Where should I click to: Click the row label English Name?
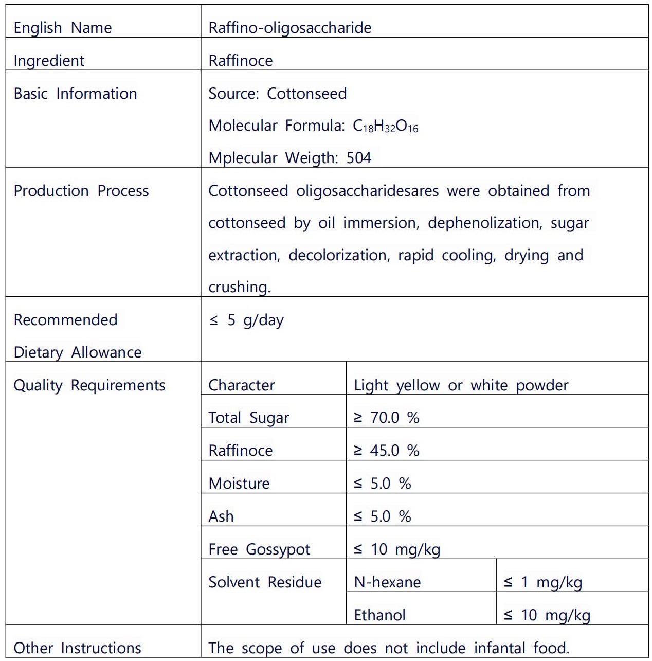62,28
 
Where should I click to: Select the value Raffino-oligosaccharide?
289,28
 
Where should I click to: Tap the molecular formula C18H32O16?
385,126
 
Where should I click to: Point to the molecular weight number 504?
358,158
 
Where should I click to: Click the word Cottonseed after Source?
306,94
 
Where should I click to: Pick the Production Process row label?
81,191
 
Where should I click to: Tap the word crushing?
239,287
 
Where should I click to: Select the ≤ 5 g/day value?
246,320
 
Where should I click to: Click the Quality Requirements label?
89,385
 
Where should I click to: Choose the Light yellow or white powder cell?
461,385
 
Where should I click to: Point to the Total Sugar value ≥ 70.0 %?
386,418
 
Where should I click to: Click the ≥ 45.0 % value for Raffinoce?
386,451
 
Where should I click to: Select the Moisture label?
239,484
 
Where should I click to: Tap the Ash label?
221,516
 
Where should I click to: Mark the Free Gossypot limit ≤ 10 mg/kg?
396,549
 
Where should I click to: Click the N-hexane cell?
387,582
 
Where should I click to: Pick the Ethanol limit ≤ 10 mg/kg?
547,615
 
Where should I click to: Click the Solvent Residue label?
265,582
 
